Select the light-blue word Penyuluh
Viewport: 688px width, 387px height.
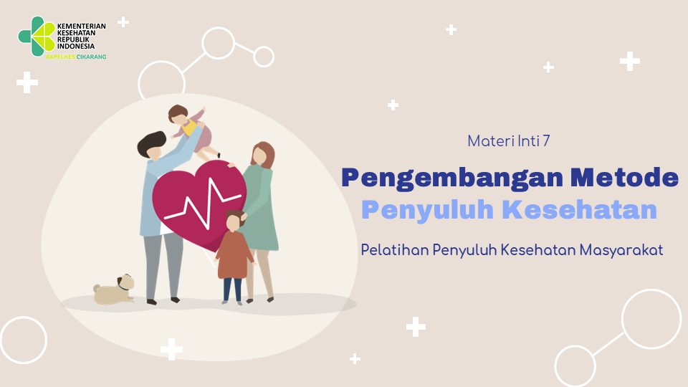427,211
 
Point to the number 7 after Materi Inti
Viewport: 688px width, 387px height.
546,141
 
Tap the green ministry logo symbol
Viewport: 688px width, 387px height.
37,37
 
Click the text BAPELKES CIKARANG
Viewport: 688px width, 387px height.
77,57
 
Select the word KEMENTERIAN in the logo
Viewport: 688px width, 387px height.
82,27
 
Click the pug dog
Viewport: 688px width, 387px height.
114,290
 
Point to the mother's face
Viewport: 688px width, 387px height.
259,156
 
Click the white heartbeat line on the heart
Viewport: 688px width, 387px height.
203,203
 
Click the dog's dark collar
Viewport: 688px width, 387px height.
123,286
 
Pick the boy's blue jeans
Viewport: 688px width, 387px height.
232,290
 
